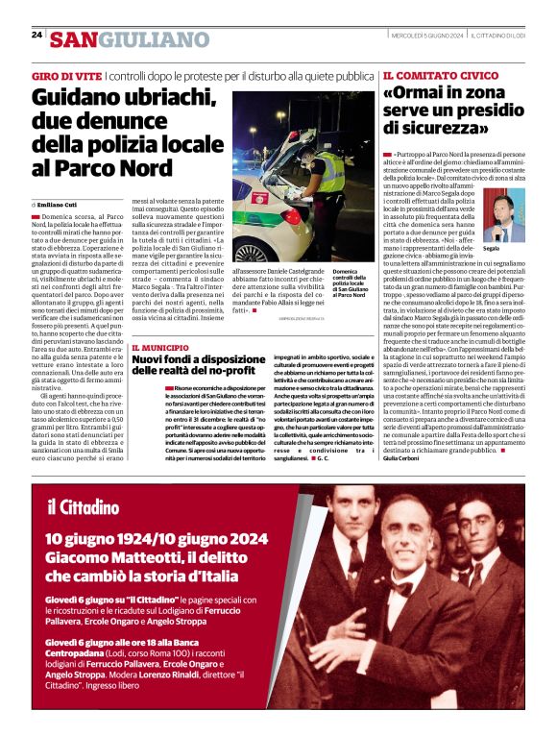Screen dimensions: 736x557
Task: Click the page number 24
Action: click(x=36, y=35)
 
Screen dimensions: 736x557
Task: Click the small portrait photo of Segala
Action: click(x=497, y=215)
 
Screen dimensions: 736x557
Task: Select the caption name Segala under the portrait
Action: click(x=492, y=248)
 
